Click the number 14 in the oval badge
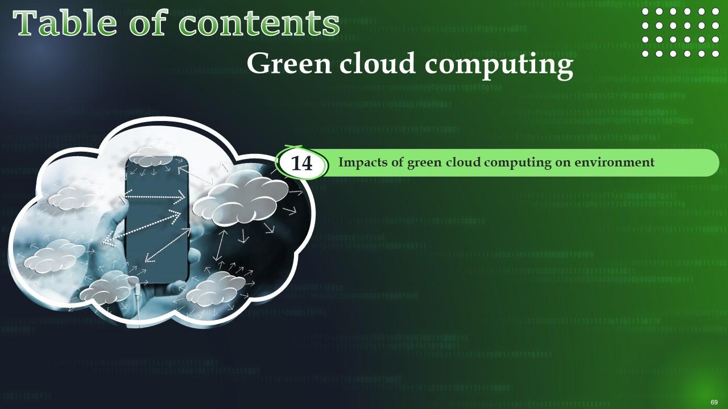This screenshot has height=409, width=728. tap(301, 163)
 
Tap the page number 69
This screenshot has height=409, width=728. tap(714, 402)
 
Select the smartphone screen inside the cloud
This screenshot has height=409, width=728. tap(156, 219)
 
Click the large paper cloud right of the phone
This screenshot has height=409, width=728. tap(241, 198)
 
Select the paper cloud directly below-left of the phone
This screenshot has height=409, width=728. tap(107, 288)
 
